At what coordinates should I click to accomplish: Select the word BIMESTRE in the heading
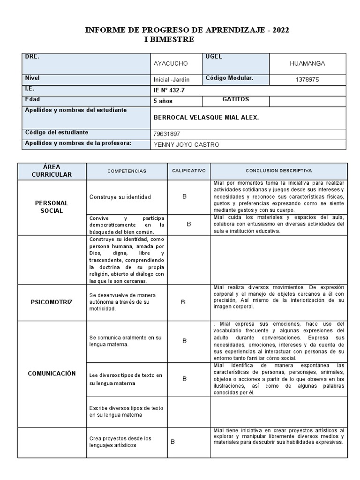(x=172, y=39)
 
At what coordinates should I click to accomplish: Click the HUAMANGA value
(x=307, y=63)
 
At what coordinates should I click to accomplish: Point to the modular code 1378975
(x=307, y=80)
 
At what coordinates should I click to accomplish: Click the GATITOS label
(x=235, y=100)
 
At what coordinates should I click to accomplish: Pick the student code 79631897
(x=166, y=134)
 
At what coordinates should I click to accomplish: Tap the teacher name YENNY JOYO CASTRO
(x=186, y=145)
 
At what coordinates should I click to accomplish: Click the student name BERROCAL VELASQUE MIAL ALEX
(x=206, y=118)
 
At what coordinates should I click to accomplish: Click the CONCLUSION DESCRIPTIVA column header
(x=278, y=171)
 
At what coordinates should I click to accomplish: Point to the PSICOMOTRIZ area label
(x=52, y=302)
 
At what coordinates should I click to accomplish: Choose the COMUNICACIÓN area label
(x=52, y=374)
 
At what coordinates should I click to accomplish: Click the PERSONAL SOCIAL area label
(x=52, y=207)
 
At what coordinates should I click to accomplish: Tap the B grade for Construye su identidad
(x=185, y=196)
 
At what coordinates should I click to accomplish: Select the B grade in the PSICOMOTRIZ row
(x=183, y=302)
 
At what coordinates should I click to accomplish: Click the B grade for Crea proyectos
(x=172, y=442)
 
